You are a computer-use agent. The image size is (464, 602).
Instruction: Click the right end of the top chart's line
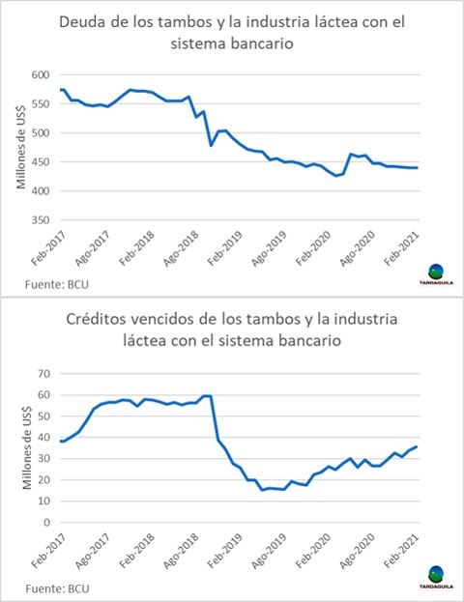point(418,168)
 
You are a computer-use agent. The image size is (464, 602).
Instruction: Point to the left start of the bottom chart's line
point(60,441)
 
